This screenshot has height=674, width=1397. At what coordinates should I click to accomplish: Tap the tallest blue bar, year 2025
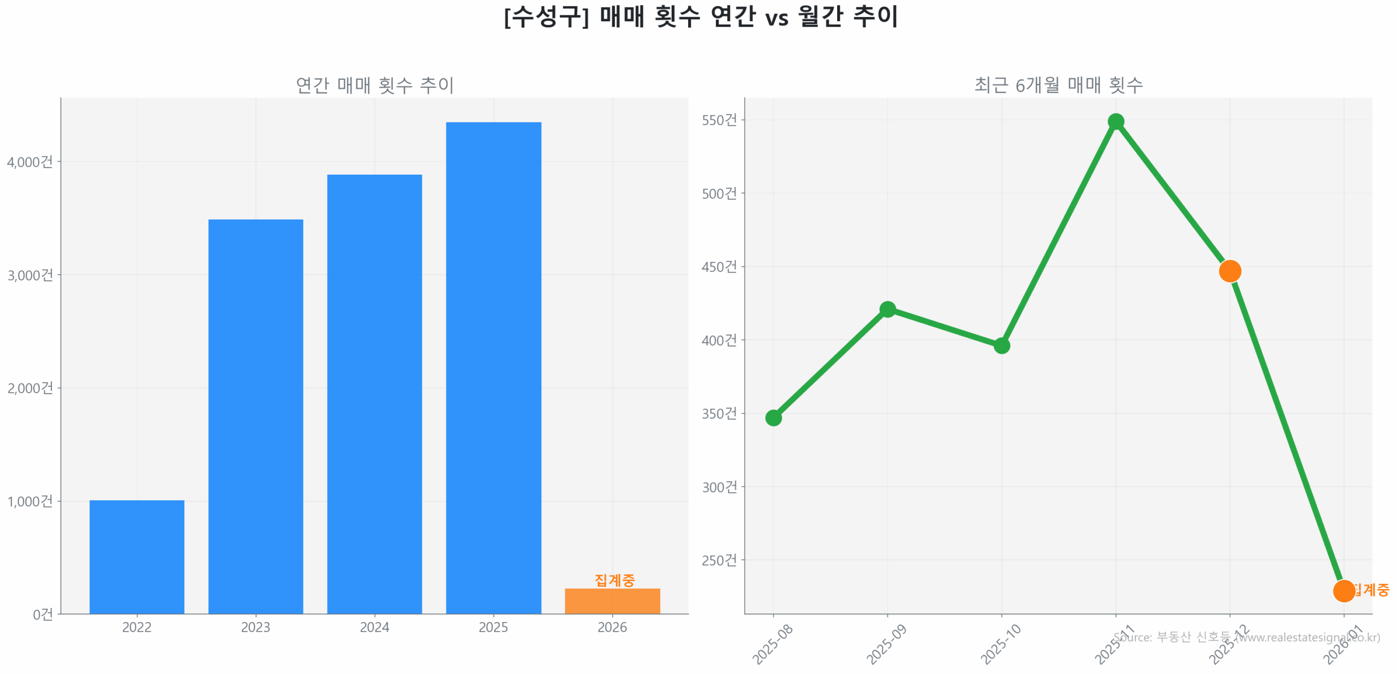[493, 367]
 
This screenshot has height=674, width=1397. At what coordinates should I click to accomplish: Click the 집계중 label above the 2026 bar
[614, 580]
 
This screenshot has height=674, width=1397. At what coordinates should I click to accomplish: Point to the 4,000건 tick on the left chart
[30, 162]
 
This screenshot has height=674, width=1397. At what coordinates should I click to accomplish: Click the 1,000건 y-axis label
[30, 501]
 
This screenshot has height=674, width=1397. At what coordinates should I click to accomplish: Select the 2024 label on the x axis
[374, 626]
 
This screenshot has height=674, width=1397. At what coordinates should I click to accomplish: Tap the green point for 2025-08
[773, 418]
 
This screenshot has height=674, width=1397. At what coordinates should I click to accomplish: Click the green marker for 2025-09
[887, 309]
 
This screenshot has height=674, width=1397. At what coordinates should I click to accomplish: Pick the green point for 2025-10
[1001, 345]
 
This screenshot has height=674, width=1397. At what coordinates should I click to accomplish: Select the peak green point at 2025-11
[1115, 121]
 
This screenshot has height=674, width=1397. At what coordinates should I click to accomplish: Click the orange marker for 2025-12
[1229, 271]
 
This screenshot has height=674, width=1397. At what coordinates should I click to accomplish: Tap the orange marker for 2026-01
[1343, 590]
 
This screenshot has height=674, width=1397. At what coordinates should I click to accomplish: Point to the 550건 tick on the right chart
[719, 120]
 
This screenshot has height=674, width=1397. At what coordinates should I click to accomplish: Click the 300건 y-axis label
[719, 487]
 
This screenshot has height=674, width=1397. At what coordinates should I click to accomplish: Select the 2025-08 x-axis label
[772, 645]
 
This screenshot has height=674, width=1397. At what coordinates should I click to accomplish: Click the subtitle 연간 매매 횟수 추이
[374, 85]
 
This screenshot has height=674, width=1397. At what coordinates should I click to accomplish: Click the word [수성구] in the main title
[546, 16]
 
